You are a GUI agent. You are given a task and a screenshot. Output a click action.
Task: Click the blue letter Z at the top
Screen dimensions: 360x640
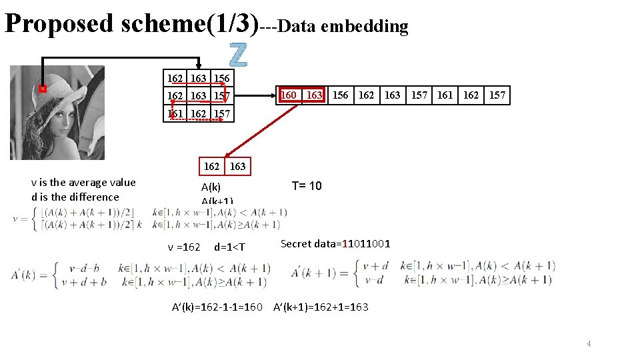pos(238,55)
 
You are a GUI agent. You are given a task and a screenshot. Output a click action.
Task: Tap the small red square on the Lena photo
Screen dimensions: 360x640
pos(42,89)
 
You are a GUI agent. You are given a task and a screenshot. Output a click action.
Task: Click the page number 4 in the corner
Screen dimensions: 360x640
pos(589,343)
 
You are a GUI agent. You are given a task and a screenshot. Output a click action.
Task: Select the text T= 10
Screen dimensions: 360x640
pos(307,186)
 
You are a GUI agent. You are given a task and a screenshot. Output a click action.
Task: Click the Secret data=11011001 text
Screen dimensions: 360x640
pos(335,244)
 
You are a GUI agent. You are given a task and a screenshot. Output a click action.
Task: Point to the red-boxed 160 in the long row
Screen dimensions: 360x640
pos(289,95)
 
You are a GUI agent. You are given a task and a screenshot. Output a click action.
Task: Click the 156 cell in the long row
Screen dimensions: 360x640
pos(340,95)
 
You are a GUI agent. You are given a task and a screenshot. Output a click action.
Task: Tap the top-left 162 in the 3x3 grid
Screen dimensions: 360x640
pos(175,78)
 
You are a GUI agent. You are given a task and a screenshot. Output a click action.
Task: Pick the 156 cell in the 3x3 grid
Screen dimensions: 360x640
pos(222,78)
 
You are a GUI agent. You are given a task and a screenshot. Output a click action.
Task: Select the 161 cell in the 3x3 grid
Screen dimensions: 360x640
pos(175,114)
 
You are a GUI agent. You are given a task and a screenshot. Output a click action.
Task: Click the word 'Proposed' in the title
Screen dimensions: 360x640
pos(59,23)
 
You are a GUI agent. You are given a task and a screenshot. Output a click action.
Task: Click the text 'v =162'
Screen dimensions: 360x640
pos(184,247)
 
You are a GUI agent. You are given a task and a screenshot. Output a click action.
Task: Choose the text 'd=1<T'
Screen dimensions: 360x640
pos(229,247)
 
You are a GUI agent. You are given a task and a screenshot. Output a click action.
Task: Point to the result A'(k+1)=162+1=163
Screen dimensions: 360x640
pos(321,307)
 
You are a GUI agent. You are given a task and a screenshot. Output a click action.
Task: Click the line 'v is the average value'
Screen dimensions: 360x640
pos(83,183)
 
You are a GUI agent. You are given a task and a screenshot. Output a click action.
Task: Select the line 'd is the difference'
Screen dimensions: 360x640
pos(75,197)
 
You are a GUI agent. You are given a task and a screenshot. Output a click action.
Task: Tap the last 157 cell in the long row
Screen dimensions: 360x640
pos(497,95)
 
